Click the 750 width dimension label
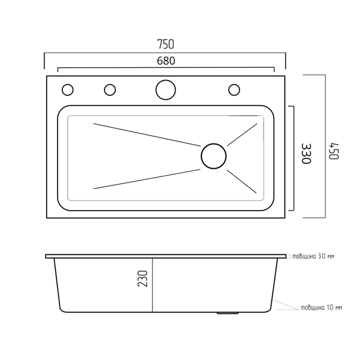(x=166, y=44)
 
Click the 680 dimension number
(x=166, y=61)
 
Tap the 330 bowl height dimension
(x=306, y=154)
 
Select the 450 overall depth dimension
(x=334, y=151)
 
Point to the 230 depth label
(x=143, y=278)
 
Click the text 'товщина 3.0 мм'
(x=313, y=256)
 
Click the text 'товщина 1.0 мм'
(x=321, y=307)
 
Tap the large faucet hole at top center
(x=166, y=90)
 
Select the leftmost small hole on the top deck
(x=67, y=89)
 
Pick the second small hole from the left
(x=110, y=89)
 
